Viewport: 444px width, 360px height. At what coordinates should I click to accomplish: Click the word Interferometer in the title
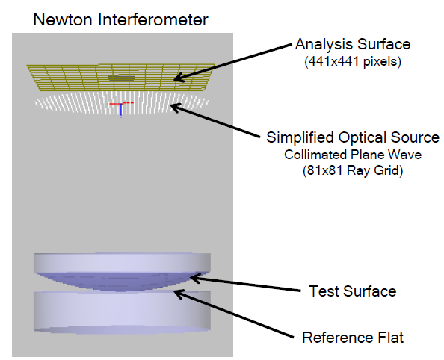pos(153,20)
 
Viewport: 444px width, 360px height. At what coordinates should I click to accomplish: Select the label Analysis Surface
pos(353,44)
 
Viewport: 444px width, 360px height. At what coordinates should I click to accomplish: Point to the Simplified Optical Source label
pos(353,137)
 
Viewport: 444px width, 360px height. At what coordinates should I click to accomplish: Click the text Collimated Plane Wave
pos(353,155)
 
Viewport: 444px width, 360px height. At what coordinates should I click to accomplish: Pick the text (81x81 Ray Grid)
pos(353,170)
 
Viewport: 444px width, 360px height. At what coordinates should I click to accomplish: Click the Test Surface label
pos(353,291)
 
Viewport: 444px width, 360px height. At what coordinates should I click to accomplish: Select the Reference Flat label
pos(353,338)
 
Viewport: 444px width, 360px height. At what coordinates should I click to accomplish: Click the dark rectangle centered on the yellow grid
pos(122,78)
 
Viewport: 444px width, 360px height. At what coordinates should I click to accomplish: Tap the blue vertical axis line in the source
pos(121,111)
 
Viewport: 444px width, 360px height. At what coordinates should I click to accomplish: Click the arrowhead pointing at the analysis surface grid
pos(179,77)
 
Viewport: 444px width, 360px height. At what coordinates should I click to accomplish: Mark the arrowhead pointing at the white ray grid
pos(176,108)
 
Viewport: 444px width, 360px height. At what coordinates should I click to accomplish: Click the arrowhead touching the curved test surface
pos(195,278)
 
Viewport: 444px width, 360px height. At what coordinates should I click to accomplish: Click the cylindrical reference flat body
pos(122,311)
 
